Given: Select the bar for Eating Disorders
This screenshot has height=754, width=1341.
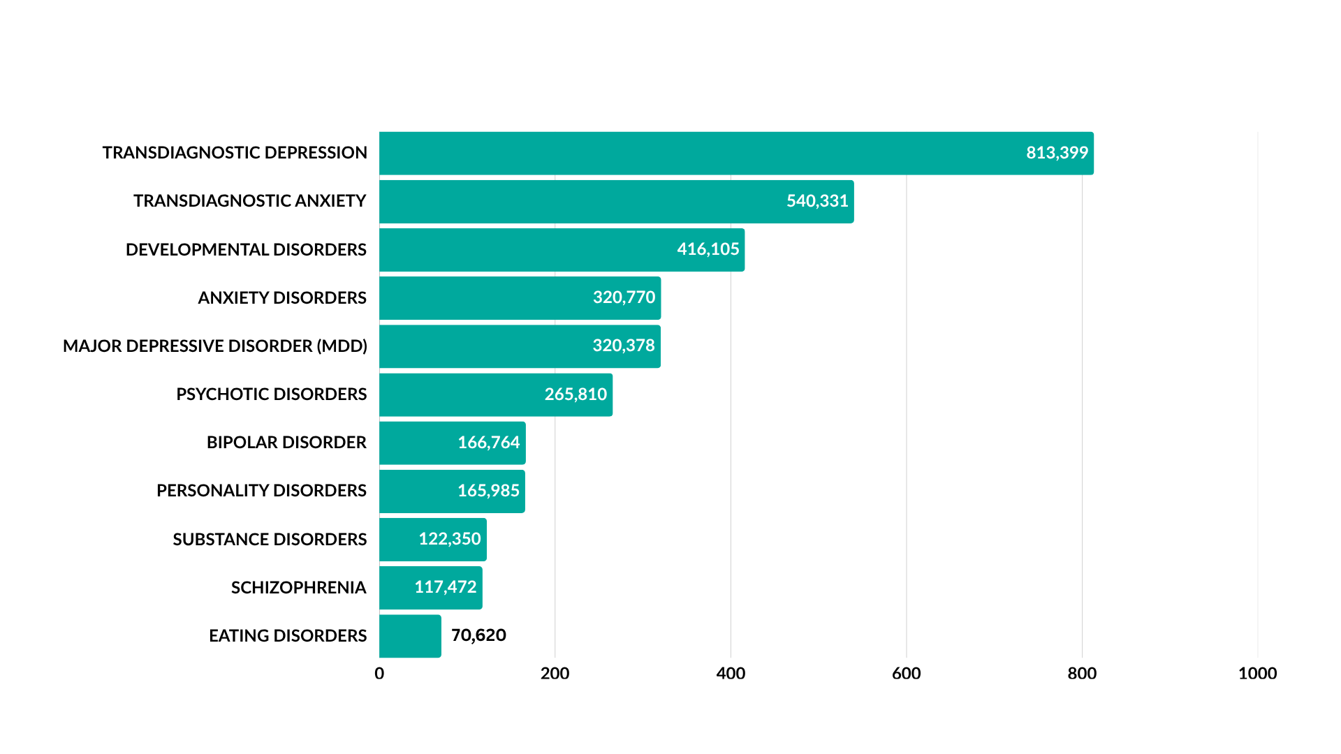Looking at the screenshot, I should (410, 636).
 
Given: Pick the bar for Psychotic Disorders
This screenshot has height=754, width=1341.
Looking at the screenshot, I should (461, 394).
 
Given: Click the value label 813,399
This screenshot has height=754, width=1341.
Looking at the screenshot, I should (1057, 153).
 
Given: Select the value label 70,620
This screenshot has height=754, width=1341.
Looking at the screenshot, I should (478, 635).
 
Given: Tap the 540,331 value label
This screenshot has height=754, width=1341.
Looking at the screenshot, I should (817, 201).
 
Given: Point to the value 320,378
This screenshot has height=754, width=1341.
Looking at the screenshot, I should (624, 346).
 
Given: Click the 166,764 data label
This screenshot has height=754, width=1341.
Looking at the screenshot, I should (489, 443).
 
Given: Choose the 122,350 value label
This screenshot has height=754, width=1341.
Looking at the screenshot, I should (450, 539).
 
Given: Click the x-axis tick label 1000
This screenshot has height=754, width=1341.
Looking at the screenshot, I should (1257, 674).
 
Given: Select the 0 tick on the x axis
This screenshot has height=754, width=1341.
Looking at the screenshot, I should (379, 674).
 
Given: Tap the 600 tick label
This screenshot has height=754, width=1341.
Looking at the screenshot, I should (906, 674).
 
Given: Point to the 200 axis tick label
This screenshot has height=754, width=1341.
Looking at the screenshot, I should (555, 674).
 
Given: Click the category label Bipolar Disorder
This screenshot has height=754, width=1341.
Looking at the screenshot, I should (286, 443).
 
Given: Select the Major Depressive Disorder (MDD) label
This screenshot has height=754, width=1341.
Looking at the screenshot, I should (215, 346).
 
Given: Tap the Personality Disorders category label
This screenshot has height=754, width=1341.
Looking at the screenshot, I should (261, 491).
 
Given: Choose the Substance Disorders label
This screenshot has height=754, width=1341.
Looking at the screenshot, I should (270, 540).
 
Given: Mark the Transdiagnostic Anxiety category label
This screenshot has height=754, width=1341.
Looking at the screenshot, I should (250, 201).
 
